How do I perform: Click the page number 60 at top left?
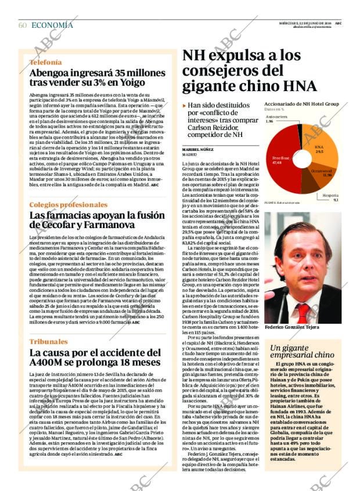coord(23,25)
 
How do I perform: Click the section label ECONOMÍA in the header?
coord(52,25)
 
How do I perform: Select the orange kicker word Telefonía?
coord(45,62)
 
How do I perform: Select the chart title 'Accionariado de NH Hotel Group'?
coord(301,103)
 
